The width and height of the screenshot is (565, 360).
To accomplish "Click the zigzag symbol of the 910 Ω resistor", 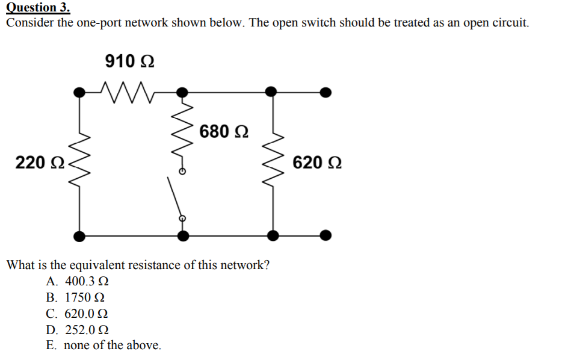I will coord(129,92).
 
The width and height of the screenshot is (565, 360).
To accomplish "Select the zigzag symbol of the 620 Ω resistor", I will coord(274,163).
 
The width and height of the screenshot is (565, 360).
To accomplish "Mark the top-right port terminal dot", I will coord(325,92).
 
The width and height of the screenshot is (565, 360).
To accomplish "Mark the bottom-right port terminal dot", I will coord(325,235).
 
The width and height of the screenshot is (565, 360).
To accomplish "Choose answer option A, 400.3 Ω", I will coord(78,281).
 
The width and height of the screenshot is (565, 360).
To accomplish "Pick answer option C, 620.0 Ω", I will coord(78,314).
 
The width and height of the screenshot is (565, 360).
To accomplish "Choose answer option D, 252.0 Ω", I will coord(78,330).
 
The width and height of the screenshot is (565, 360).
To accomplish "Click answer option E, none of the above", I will coord(103,346).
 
